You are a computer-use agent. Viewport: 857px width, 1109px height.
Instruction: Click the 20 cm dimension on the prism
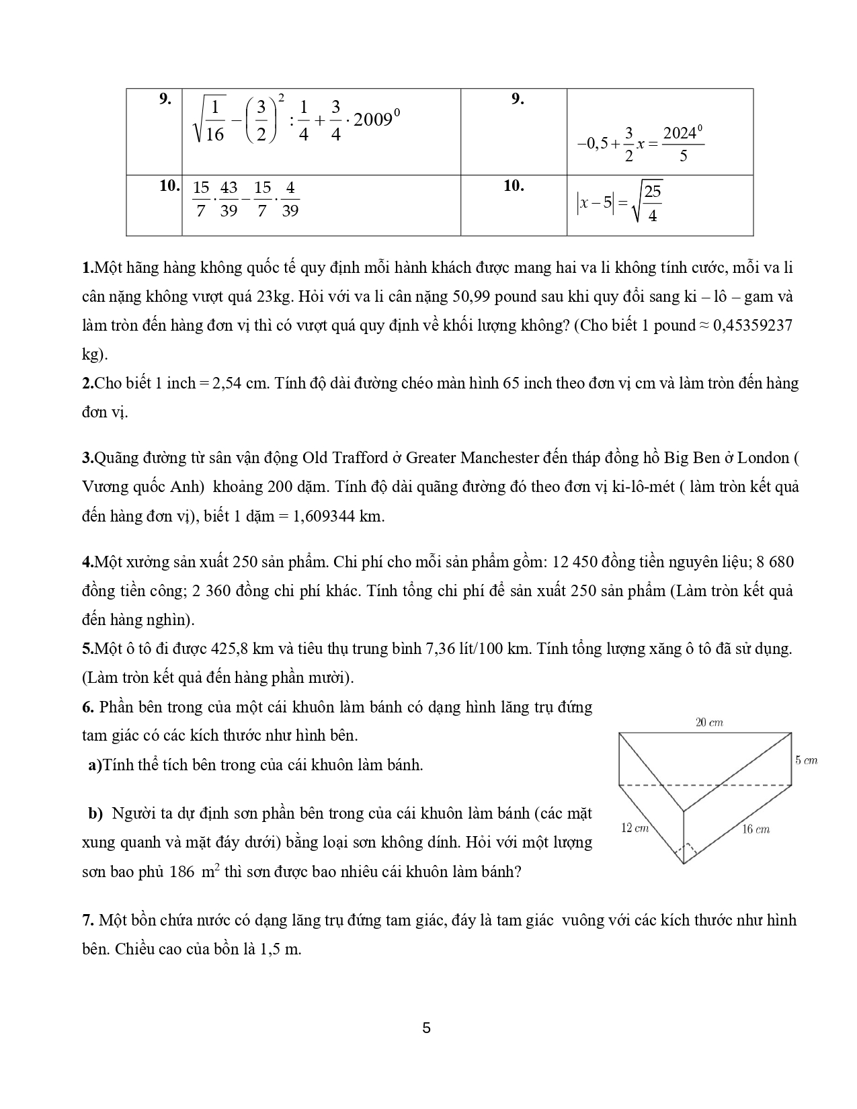[709, 723]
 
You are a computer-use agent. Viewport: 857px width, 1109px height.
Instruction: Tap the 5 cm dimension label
[806, 760]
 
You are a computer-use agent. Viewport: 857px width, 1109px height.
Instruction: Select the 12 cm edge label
[635, 828]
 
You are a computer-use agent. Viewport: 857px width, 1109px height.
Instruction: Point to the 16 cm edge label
[756, 829]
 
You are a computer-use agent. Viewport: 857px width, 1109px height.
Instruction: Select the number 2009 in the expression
[372, 120]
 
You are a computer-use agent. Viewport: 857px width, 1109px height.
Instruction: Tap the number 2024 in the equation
[679, 133]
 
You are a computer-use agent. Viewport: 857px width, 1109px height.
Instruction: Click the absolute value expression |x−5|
[595, 202]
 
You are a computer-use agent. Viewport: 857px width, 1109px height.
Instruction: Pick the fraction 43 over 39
[229, 199]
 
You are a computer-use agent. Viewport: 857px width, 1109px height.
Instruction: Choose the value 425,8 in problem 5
[234, 649]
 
